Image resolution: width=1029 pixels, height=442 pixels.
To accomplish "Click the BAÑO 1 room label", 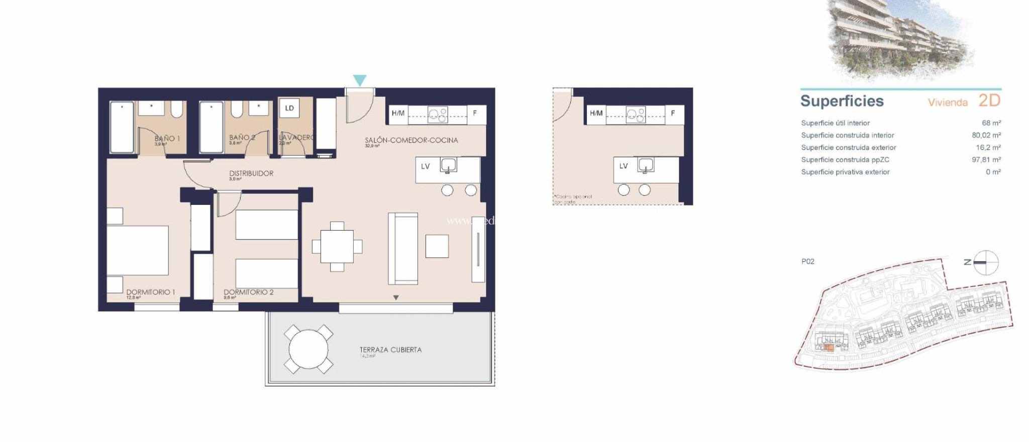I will (167, 138).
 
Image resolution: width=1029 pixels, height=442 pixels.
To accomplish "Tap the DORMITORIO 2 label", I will (248, 292).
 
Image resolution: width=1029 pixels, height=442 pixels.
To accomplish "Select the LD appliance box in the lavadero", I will (289, 108).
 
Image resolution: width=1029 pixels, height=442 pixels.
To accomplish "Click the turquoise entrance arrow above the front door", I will (359, 80).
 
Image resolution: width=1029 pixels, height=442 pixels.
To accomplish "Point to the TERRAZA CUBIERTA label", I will (390, 350).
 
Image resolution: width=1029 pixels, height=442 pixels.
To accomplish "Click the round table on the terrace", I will (308, 349).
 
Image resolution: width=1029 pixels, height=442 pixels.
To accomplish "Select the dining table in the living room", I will (337, 247).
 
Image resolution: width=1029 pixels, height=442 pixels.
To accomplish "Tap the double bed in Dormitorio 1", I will (138, 250).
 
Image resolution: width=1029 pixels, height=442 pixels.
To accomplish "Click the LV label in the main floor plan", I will (425, 166).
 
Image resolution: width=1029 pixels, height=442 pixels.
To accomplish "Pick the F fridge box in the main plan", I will (475, 114).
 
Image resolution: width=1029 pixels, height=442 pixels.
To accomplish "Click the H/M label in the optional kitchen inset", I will (596, 114).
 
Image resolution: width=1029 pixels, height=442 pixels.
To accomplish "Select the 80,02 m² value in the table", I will (986, 135).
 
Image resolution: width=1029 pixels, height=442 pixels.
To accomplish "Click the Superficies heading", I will (842, 101).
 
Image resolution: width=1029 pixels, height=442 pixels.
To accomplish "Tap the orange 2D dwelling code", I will (989, 100).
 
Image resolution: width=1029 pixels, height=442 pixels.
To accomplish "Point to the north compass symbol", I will (985, 262).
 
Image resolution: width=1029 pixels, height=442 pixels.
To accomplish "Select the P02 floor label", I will (807, 261).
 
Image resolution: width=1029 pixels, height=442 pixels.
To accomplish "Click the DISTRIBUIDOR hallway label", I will (251, 173).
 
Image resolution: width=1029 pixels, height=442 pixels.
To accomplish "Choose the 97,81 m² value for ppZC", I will (986, 160).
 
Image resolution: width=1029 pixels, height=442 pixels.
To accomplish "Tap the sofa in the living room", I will (403, 249).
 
